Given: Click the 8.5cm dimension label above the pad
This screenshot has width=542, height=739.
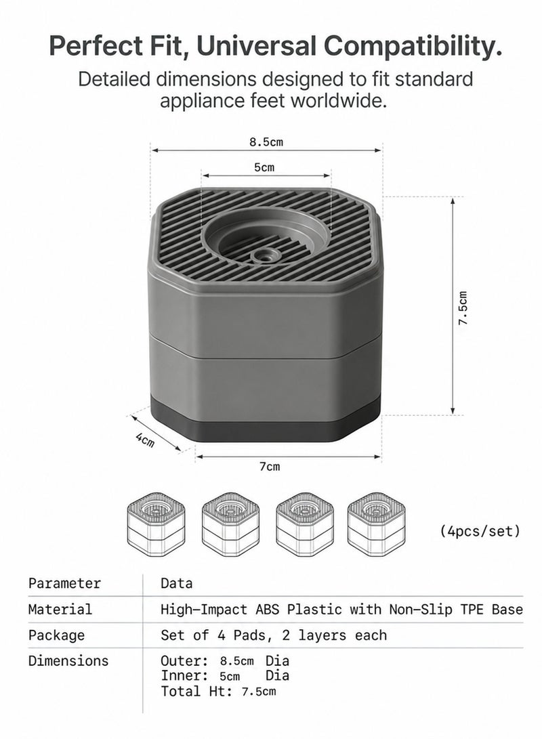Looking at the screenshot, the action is [266, 142].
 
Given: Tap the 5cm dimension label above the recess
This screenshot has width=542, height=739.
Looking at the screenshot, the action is [264, 167].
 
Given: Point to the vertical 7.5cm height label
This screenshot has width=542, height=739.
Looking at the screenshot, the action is [463, 308].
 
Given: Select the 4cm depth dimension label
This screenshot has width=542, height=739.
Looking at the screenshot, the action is [145, 440].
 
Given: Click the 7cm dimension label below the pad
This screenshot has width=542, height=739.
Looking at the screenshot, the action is [270, 467].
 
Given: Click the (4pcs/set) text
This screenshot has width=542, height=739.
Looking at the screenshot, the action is [480, 531].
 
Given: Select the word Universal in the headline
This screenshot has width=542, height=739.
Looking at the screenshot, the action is [256, 46].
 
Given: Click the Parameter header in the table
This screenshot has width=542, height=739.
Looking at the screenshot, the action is [64, 583].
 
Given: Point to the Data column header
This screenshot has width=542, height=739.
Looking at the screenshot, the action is [176, 583].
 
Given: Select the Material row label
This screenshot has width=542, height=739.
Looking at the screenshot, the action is [60, 610].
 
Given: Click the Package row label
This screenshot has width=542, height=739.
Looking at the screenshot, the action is [56, 635].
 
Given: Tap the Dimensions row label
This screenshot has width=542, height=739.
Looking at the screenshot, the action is [68, 660].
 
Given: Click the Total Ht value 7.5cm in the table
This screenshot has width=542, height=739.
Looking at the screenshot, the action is [259, 692].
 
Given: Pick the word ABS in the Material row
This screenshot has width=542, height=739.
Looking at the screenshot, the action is [267, 610].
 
